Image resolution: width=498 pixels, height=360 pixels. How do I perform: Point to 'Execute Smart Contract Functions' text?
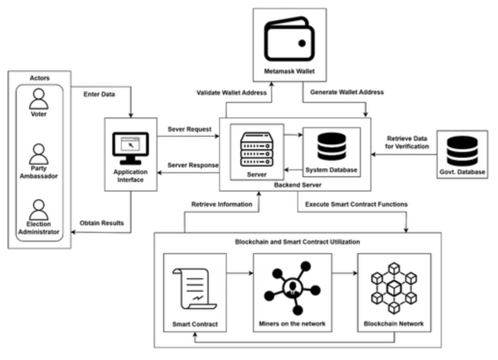(x=356, y=205)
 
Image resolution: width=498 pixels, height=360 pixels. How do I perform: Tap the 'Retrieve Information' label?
(x=222, y=205)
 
